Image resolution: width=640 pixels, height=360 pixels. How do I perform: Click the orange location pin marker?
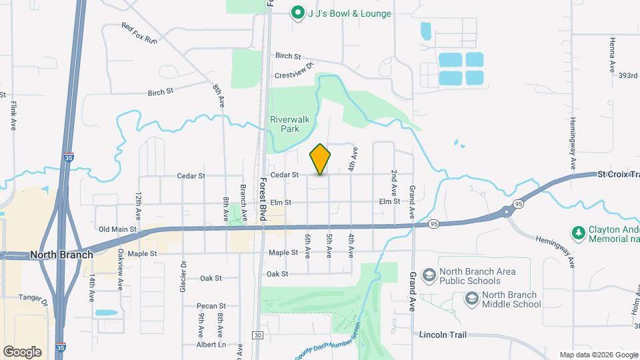pos(320,159)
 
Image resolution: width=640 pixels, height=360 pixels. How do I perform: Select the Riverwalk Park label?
pos(285,125)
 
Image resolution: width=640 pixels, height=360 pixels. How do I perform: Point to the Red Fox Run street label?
pos(139,33)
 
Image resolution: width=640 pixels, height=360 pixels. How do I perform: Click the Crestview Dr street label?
pos(294,75)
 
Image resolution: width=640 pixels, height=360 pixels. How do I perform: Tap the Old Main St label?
pos(117,229)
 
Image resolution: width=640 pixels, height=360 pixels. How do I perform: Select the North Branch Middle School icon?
pos(472,299)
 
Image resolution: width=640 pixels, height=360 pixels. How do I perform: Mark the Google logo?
pos(23,351)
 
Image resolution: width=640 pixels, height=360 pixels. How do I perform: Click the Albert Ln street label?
pos(212,345)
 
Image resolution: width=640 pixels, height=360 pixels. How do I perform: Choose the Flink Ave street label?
pos(13,115)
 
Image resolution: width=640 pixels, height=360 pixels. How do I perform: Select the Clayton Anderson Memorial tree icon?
pos(579,233)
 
